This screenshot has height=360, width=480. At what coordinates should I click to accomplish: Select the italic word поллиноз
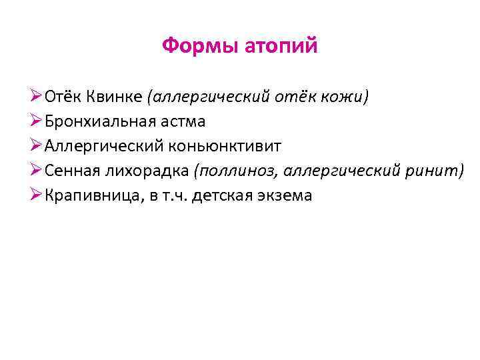click(x=237, y=171)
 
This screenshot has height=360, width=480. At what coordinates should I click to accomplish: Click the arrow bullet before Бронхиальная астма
click(x=37, y=121)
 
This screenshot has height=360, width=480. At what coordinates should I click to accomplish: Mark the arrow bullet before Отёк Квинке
click(x=37, y=97)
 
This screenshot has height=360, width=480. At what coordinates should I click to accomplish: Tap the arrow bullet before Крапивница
click(x=37, y=195)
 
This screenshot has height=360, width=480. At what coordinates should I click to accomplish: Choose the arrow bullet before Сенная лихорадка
click(x=37, y=171)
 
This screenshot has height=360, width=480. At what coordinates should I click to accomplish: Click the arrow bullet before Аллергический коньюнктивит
click(x=37, y=146)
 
